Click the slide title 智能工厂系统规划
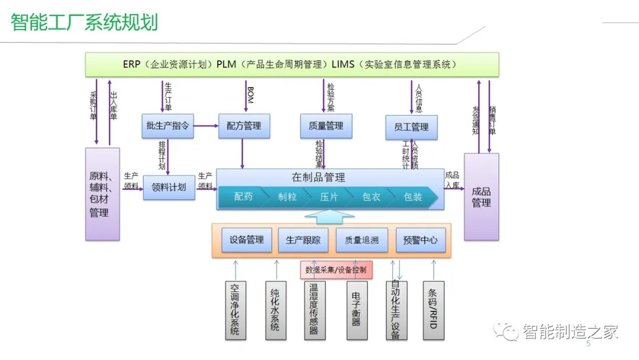85,22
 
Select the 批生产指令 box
168,126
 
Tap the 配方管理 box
244,126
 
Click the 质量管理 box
326,126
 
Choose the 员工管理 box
411,127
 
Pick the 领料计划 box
169,187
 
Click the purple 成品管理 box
481,197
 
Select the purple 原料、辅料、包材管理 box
102,194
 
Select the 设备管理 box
247,240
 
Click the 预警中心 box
420,240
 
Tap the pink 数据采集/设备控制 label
336,270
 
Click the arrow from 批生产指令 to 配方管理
206,126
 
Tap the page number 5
588,344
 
